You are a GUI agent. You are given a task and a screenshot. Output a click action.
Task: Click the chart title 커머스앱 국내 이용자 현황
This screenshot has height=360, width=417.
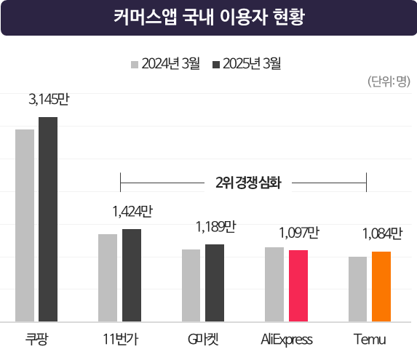(x=209, y=17)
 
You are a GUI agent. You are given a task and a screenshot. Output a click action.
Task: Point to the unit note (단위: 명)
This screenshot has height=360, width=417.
(x=391, y=82)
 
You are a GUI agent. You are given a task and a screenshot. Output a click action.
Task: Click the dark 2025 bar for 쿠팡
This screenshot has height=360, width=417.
(x=48, y=218)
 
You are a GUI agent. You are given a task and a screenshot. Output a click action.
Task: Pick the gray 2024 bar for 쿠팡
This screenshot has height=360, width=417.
(x=25, y=225)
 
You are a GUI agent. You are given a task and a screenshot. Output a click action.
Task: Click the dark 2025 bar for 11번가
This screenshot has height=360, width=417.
(x=132, y=275)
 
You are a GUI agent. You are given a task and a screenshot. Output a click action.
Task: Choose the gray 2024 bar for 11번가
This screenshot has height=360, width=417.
(x=108, y=277)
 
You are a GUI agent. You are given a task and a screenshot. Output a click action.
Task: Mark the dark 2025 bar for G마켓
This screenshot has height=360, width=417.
(x=215, y=282)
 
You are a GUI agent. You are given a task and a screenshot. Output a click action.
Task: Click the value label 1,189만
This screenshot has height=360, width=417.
(x=215, y=227)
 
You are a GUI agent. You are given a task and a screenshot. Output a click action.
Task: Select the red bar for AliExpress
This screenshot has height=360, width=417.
(x=298, y=285)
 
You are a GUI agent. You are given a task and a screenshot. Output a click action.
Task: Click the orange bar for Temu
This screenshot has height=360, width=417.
(x=381, y=286)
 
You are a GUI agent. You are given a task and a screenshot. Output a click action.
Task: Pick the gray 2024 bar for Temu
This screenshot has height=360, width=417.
(x=357, y=289)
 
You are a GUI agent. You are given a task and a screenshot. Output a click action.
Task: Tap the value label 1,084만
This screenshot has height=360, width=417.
(x=381, y=234)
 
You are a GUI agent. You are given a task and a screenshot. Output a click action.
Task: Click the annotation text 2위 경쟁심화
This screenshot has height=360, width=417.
(x=244, y=182)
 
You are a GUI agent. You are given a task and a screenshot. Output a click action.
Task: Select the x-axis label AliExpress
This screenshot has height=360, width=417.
(x=287, y=340)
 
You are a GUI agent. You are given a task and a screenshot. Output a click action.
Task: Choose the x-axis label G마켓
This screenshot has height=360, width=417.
(x=203, y=340)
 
